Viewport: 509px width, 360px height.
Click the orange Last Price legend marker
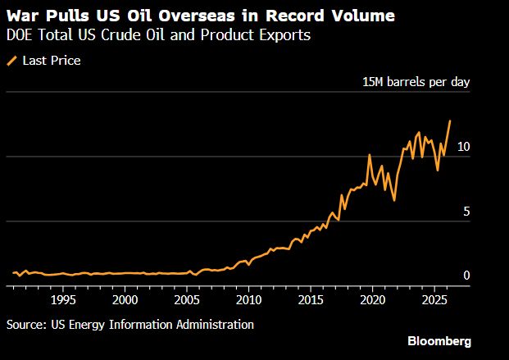(11, 60)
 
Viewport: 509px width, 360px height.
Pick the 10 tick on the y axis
(463, 147)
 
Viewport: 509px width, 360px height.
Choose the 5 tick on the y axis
(466, 212)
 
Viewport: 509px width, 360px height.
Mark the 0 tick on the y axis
(466, 276)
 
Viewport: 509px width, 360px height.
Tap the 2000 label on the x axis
(125, 301)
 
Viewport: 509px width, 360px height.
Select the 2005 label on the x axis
(187, 301)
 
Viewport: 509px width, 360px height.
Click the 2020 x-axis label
(373, 301)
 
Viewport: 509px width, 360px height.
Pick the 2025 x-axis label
(434, 301)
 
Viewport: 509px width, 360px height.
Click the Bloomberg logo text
(439, 340)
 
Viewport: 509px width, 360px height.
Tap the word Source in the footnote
(25, 325)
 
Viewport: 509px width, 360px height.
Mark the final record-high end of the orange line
(450, 121)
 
